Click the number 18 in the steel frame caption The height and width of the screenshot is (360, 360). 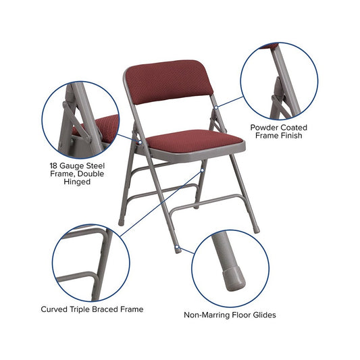click(x=54, y=165)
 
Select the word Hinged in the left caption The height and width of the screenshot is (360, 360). click(x=77, y=182)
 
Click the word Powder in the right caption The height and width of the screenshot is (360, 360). click(x=264, y=128)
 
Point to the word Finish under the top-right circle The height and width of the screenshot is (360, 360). click(x=290, y=136)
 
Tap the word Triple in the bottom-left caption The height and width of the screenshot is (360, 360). click(x=80, y=309)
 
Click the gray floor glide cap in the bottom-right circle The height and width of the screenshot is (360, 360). click(x=233, y=278)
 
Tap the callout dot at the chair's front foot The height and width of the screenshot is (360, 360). click(x=177, y=247)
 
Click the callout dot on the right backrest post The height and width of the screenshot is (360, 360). click(x=216, y=107)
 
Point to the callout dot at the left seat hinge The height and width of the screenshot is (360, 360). click(x=140, y=143)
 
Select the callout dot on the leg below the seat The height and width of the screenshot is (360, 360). click(x=203, y=170)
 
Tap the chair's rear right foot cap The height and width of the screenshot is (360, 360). click(x=257, y=230)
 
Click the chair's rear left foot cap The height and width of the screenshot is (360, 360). click(x=121, y=223)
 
